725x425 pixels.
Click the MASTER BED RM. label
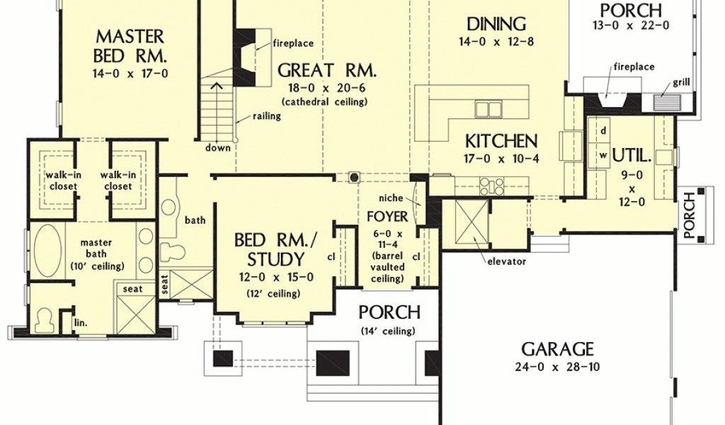(130, 46)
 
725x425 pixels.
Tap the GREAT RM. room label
(327, 71)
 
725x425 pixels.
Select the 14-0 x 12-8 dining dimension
(496, 42)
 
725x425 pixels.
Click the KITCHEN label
(501, 140)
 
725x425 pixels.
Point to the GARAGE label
(558, 348)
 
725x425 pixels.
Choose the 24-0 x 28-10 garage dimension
(557, 367)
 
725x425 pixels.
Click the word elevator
(507, 262)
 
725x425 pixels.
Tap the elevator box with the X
(465, 220)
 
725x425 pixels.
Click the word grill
(681, 83)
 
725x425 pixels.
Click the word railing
(267, 116)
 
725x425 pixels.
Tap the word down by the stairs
(218, 148)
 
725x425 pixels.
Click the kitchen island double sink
(489, 110)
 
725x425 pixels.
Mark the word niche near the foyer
(391, 198)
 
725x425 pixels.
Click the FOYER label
(387, 217)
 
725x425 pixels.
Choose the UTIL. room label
(632, 156)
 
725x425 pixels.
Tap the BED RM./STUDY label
(276, 250)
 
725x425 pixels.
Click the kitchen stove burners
(491, 186)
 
